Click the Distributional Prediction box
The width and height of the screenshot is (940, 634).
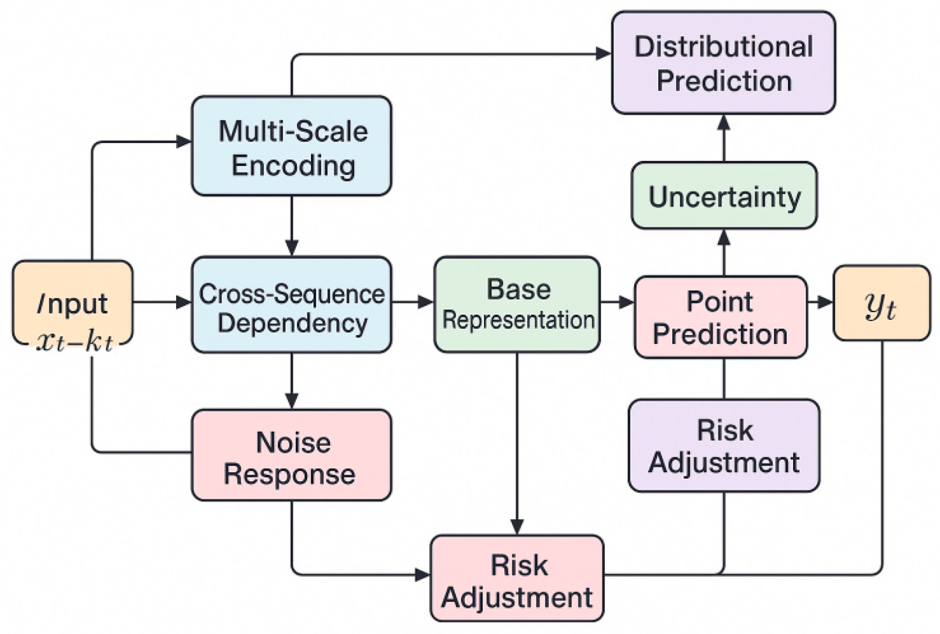pos(723,62)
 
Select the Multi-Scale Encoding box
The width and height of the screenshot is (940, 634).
pos(291,146)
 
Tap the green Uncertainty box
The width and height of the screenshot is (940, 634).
pos(724,196)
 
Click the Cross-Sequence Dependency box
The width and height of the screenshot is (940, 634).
pos(291,304)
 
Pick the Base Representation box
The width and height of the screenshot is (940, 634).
pos(517,304)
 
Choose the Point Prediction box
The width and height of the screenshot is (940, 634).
pos(720,317)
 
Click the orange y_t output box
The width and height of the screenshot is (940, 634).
pos(881,303)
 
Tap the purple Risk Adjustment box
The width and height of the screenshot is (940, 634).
pos(724,446)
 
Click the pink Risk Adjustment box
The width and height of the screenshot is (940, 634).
pos(517,579)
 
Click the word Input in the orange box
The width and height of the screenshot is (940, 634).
pos(72,303)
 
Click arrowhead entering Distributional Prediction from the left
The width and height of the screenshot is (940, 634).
pos(603,54)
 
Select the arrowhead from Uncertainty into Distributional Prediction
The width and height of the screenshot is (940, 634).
pos(724,123)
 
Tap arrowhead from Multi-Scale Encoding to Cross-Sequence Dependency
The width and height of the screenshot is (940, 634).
pos(291,248)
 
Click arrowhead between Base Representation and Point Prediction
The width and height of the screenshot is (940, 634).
pos(626,302)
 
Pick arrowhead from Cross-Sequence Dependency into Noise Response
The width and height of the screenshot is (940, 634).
pos(291,400)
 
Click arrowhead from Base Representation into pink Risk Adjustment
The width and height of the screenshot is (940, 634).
pos(517,526)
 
